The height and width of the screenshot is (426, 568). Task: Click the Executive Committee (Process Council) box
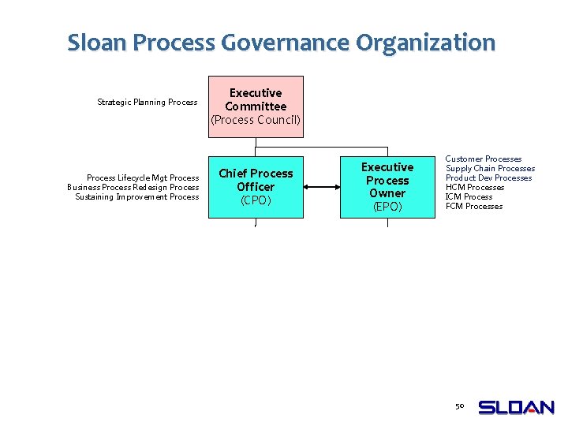click(x=256, y=106)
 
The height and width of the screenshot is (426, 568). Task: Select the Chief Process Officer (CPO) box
click(x=256, y=187)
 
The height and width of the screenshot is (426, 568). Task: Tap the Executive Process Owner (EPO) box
click(x=387, y=187)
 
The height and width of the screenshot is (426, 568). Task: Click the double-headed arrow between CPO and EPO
click(x=321, y=187)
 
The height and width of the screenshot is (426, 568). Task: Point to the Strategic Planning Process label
click(x=147, y=102)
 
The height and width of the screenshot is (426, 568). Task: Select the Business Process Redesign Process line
click(x=133, y=188)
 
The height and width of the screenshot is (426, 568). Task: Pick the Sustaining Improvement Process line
click(x=137, y=197)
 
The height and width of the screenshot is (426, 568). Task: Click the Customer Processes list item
click(x=484, y=159)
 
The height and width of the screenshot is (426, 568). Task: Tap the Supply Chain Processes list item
click(x=490, y=169)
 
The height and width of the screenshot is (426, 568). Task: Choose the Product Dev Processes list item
click(x=488, y=178)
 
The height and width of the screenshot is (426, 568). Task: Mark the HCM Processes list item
click(x=475, y=188)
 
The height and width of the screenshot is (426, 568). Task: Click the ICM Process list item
click(x=469, y=197)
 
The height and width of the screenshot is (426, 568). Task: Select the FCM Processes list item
click(x=474, y=207)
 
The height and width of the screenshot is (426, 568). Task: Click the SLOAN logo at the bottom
click(x=517, y=407)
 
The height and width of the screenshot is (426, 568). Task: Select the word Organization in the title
click(x=426, y=43)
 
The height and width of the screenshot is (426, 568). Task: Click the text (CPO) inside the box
click(x=256, y=200)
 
